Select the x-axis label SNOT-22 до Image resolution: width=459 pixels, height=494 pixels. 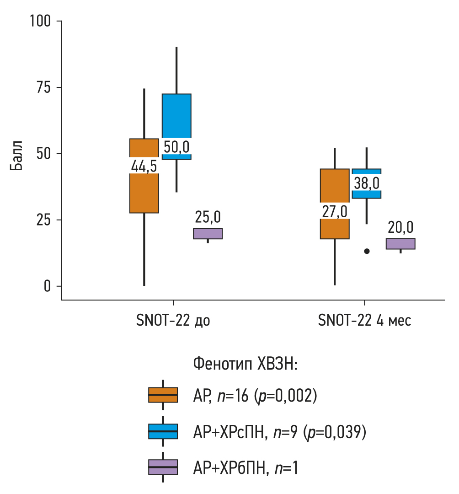173,321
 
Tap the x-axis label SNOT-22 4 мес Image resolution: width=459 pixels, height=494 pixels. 365,321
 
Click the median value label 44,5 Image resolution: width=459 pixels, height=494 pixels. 144,166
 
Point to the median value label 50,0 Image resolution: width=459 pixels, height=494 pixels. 176,146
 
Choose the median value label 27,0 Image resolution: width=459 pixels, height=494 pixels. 334,211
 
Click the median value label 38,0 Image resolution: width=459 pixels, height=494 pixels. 366,183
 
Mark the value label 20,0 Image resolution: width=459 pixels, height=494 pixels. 400,227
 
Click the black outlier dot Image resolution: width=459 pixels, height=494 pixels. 367,251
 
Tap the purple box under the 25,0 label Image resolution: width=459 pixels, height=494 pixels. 208,233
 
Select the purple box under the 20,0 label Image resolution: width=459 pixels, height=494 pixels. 400,244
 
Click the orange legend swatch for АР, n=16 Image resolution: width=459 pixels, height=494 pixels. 163,395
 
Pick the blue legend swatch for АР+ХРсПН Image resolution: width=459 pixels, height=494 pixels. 163,431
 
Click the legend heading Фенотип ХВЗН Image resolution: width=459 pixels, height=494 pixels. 246,365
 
